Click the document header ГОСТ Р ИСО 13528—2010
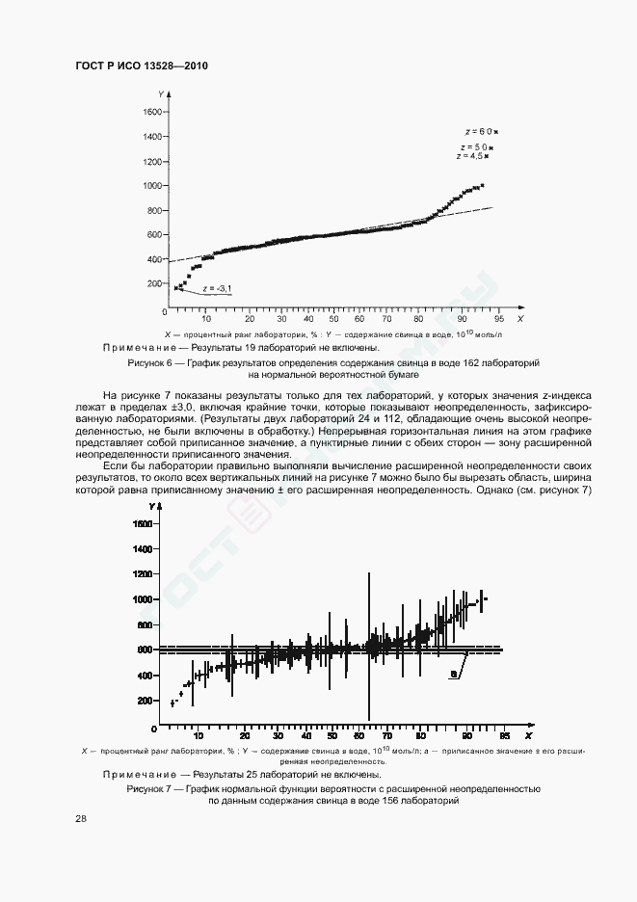pos(142,66)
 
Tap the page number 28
pos(81,819)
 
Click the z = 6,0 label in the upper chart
pos(479,130)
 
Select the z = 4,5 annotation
pos(471,155)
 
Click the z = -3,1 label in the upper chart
pos(219,288)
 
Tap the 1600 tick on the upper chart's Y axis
pos(153,112)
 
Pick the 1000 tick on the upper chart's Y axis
pos(153,185)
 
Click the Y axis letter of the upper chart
pos(159,92)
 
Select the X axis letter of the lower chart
pos(528,724)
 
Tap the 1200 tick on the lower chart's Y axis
pos(144,574)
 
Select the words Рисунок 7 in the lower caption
pos(146,789)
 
